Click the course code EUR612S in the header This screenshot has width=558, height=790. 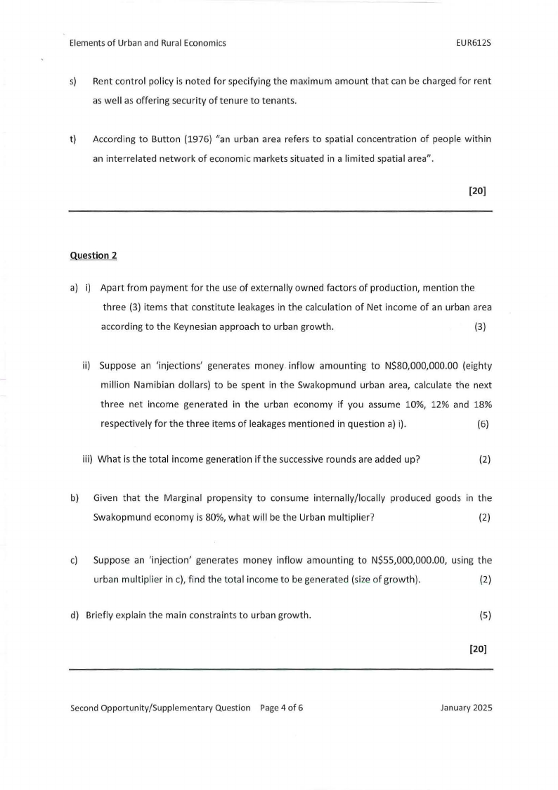(473, 43)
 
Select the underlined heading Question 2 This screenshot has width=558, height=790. (93, 255)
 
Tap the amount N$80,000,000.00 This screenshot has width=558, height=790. (422, 365)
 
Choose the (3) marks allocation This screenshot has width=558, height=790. (480, 326)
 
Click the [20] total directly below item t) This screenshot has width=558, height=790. (477, 190)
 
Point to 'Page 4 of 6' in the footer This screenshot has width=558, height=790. (282, 708)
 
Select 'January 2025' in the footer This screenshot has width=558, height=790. (466, 708)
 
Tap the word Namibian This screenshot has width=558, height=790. (146, 385)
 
